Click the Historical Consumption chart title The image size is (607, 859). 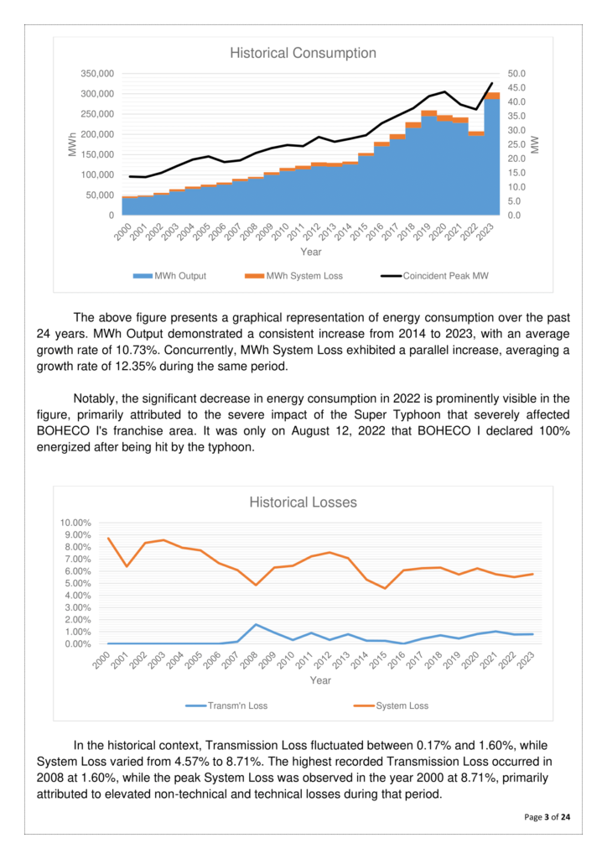(303, 53)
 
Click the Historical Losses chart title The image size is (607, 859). (303, 502)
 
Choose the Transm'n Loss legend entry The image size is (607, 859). (229, 705)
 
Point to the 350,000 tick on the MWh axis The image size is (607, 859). (96, 74)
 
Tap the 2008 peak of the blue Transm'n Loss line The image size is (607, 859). (255, 625)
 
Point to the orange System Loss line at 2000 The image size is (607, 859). (108, 539)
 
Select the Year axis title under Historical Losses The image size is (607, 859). (320, 680)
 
